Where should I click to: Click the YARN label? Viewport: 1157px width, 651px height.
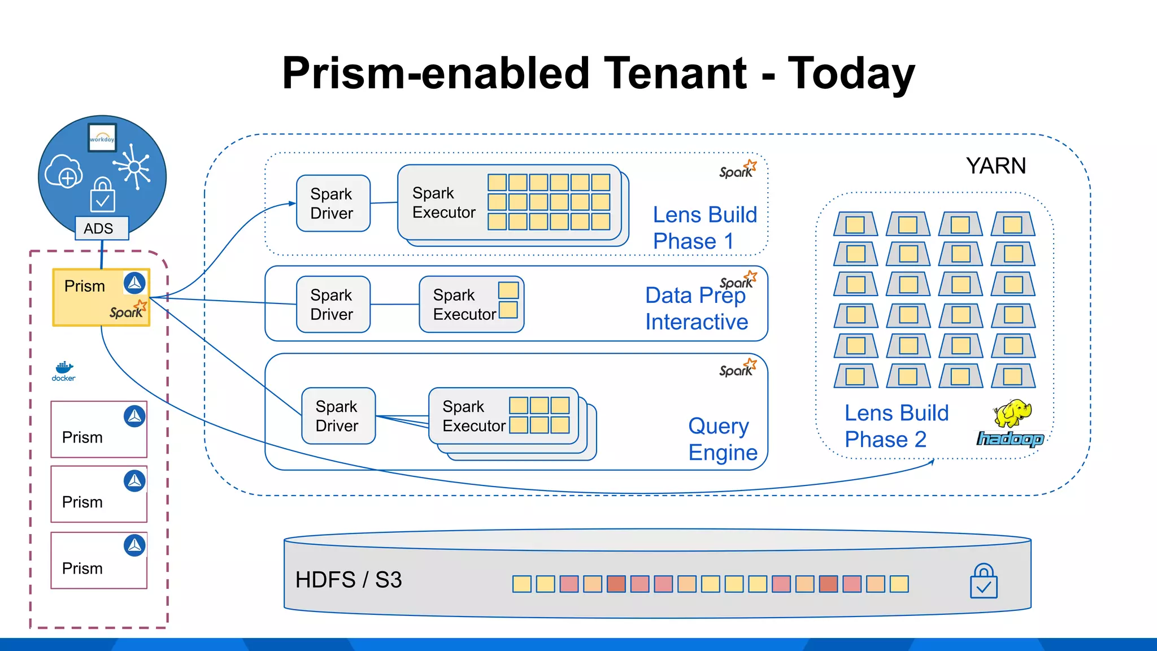(995, 166)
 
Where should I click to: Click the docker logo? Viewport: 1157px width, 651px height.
(64, 371)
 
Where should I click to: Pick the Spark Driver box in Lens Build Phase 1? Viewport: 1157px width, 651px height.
(333, 203)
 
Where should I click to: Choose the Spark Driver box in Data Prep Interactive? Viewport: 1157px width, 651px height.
(333, 305)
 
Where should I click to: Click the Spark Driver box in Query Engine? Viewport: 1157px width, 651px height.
(338, 416)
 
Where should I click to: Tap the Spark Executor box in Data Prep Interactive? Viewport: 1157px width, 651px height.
(471, 305)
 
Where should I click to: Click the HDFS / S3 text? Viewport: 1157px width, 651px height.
(349, 580)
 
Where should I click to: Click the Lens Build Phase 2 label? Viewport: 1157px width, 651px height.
(896, 426)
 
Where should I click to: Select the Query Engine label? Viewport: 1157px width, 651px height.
(722, 439)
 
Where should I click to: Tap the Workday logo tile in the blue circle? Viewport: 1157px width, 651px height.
(102, 138)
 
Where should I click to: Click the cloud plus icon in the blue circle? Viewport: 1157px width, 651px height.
(64, 172)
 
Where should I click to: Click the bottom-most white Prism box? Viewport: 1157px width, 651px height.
(99, 561)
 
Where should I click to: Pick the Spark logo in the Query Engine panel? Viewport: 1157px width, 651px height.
(738, 368)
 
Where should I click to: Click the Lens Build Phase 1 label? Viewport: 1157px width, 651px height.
(704, 228)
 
